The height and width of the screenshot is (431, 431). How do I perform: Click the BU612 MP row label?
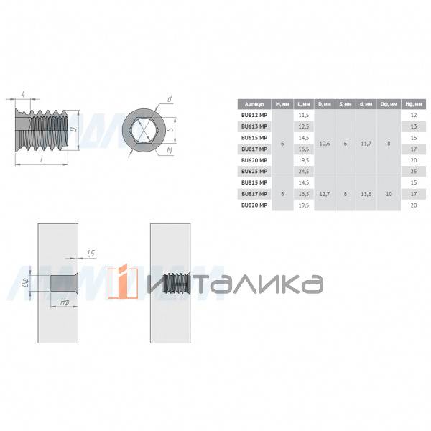pyautogui.click(x=254, y=115)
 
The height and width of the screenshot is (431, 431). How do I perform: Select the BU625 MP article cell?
pyautogui.click(x=254, y=171)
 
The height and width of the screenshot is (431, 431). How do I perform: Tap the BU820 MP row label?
pyautogui.click(x=254, y=205)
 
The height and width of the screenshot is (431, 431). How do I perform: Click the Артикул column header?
pyautogui.click(x=254, y=103)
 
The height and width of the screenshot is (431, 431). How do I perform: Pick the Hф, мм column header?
pyautogui.click(x=412, y=103)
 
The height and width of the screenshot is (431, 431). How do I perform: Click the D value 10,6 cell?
pyautogui.click(x=324, y=143)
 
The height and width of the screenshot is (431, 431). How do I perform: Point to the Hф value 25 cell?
pyautogui.click(x=412, y=171)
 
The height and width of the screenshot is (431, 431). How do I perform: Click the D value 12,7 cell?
pyautogui.click(x=324, y=193)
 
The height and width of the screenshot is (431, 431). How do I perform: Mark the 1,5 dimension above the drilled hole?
pyautogui.click(x=90, y=254)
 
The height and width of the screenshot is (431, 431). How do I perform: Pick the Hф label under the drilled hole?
pyautogui.click(x=65, y=302)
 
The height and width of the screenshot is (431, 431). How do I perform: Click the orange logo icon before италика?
pyautogui.click(x=122, y=282)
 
